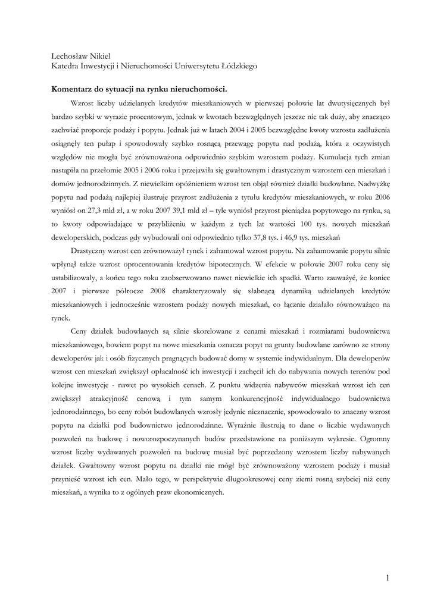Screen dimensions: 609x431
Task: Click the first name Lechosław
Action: [x=70, y=56]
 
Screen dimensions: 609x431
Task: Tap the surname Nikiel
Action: [x=104, y=56]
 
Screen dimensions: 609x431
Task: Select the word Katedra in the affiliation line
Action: [x=65, y=67]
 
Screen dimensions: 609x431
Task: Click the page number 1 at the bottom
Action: [x=388, y=577]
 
